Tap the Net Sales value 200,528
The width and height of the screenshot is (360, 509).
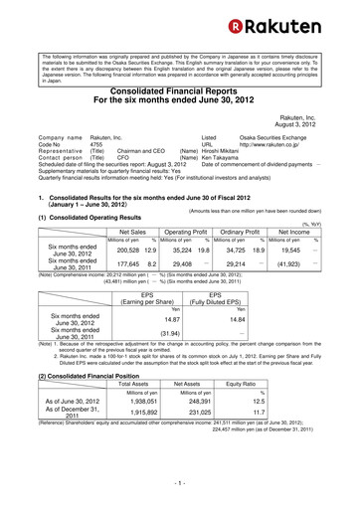pyautogui.click(x=102, y=252)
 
